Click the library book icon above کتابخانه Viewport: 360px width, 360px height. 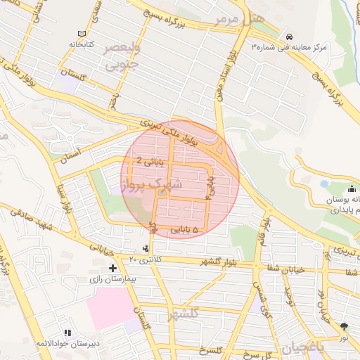82,34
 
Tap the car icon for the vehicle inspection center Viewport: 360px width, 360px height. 288,37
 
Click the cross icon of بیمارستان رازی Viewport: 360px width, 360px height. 113,268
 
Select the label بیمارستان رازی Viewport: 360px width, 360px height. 113,280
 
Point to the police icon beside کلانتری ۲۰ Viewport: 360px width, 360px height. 146,247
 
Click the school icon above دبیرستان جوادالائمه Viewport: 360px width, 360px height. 67,333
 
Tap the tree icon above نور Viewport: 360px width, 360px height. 343,326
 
